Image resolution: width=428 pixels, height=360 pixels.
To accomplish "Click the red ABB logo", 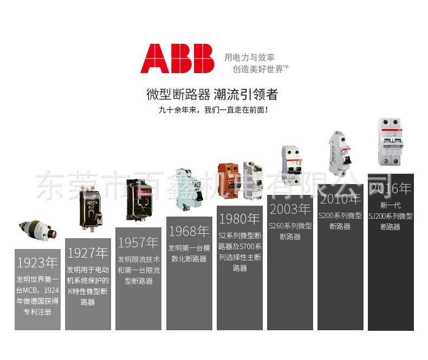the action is click(177, 58).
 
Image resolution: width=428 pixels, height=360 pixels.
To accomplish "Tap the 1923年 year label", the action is click(37, 263).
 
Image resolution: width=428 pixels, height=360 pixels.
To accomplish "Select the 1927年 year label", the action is click(88, 253).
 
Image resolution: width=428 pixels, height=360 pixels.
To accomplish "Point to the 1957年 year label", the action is click(138, 242).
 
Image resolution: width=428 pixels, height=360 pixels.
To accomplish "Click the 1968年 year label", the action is click(189, 231).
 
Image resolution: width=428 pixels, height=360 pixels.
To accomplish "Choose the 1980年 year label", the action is click(239, 219).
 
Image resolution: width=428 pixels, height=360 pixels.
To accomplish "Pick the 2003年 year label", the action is click(290, 208).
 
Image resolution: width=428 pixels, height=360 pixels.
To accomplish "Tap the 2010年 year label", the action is click(340, 199).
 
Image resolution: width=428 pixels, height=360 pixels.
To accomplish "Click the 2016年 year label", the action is click(391, 188).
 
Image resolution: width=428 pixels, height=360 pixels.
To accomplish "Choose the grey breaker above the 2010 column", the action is click(340, 153).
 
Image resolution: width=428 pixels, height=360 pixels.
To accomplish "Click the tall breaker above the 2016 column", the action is click(391, 142).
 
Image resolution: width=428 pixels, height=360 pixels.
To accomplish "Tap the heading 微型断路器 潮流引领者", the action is click(212, 95).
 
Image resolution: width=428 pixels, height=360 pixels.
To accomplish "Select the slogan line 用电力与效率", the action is click(249, 57).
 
